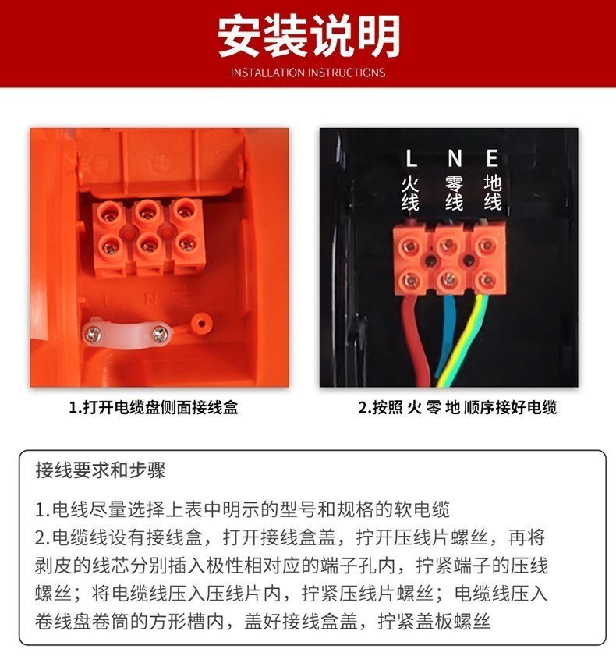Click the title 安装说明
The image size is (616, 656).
309,36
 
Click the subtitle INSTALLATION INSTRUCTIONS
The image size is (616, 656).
308,73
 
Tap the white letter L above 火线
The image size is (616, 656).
411,158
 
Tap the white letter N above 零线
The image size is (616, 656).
454,158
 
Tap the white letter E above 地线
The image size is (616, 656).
492,158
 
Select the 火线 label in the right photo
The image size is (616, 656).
410,193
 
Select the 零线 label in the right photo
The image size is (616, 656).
454,193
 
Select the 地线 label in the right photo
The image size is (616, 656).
493,193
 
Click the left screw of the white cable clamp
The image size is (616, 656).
93,335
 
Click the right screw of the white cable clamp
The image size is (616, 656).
160,334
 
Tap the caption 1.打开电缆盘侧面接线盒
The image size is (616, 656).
154,407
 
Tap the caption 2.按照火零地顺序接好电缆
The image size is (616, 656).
458,407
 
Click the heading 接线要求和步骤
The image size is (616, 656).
101,470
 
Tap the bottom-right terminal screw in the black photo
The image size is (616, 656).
487,280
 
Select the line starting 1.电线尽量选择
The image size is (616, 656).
243,509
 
